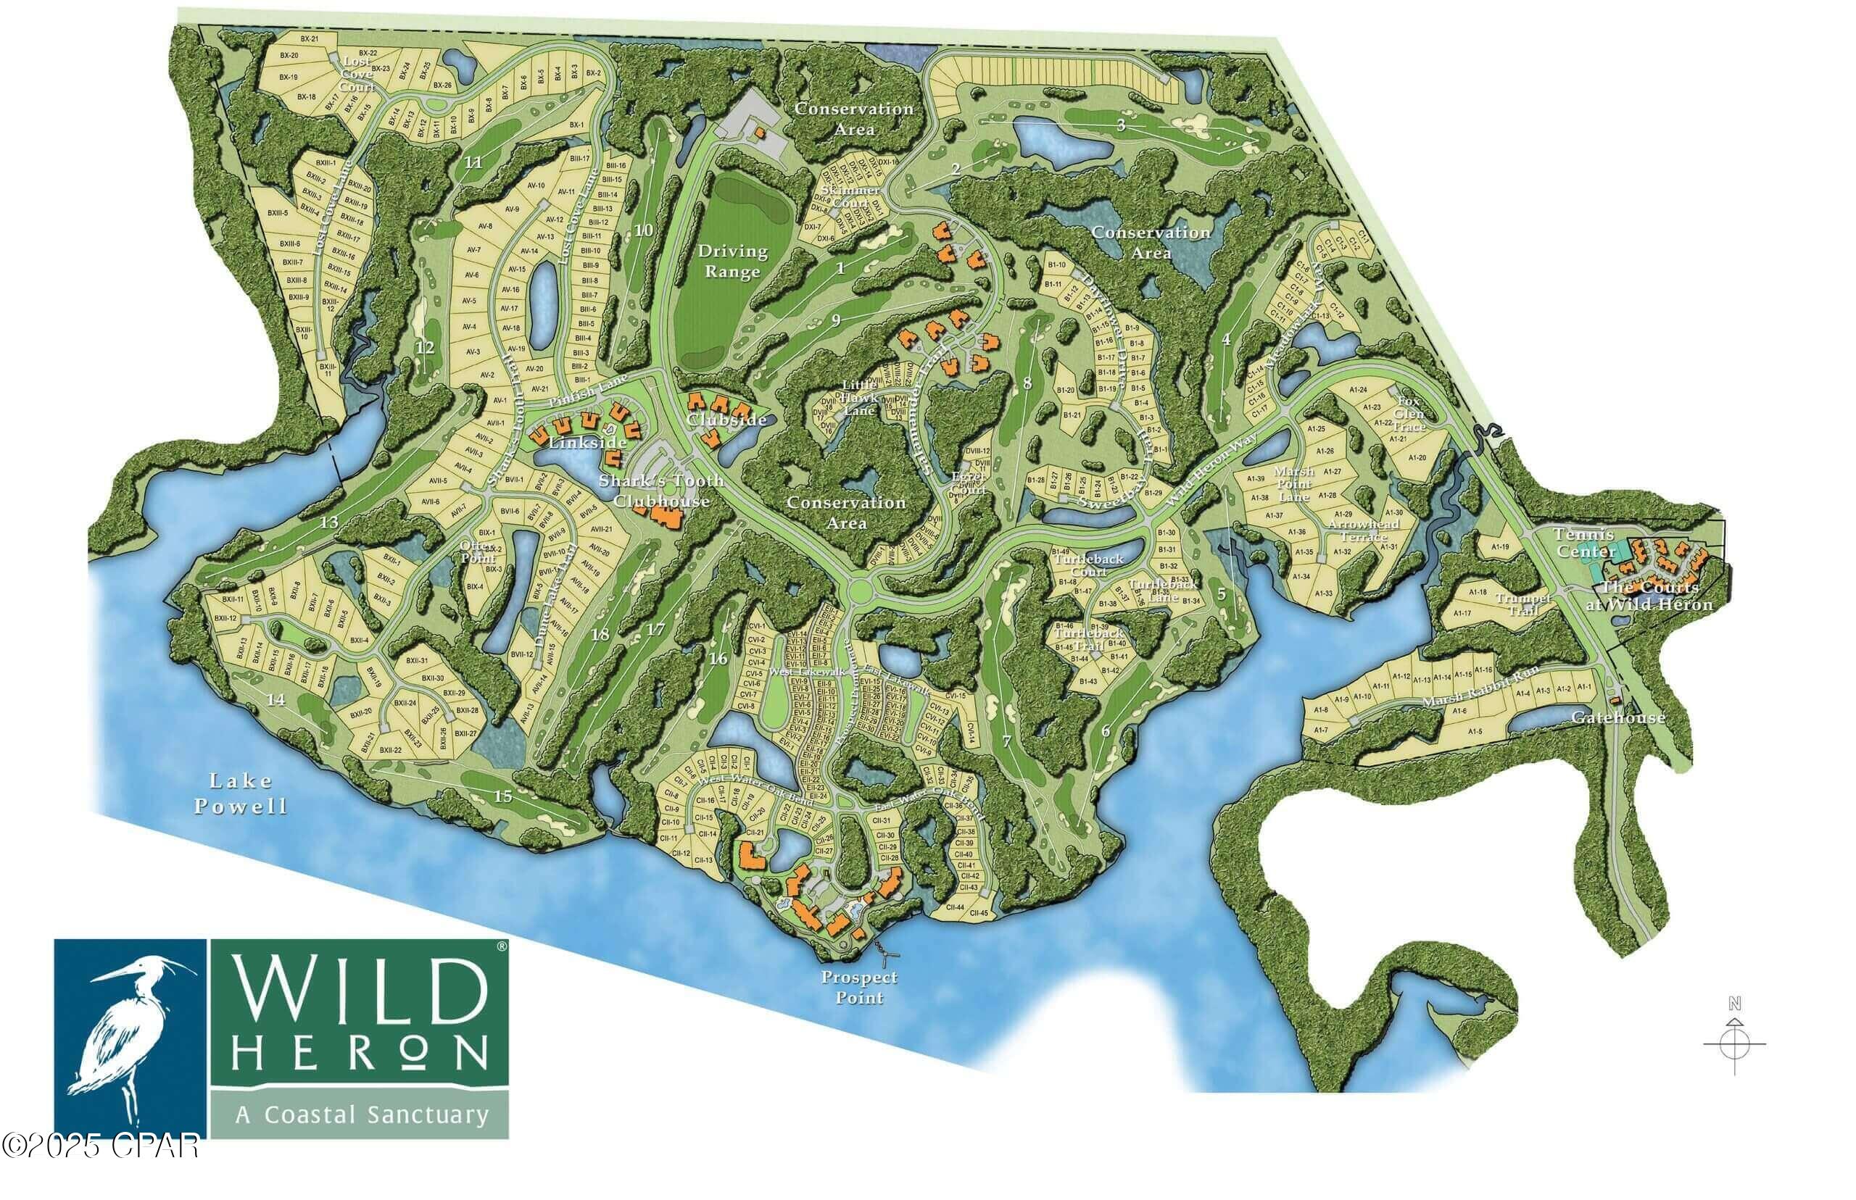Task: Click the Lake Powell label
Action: tap(240, 793)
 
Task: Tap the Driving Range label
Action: tap(732, 261)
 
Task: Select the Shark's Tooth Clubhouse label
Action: tap(660, 490)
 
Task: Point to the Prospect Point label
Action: tap(859, 986)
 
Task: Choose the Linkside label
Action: tap(588, 442)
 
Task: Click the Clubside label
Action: tap(726, 420)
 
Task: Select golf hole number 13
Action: tap(329, 521)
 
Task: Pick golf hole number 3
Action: tap(1121, 125)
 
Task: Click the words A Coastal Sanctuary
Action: tap(361, 1114)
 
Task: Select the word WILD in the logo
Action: tap(359, 995)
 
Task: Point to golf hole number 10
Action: tap(643, 230)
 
